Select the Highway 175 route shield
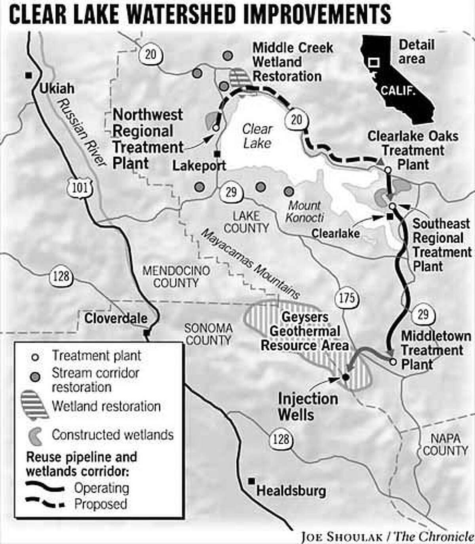(347, 298)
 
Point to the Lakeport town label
(199, 166)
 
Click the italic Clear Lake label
(257, 136)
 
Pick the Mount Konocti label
(304, 211)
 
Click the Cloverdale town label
(116, 318)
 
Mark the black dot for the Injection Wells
(345, 377)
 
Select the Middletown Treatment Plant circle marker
(393, 361)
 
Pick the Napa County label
(445, 444)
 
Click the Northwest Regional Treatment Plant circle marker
(215, 128)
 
